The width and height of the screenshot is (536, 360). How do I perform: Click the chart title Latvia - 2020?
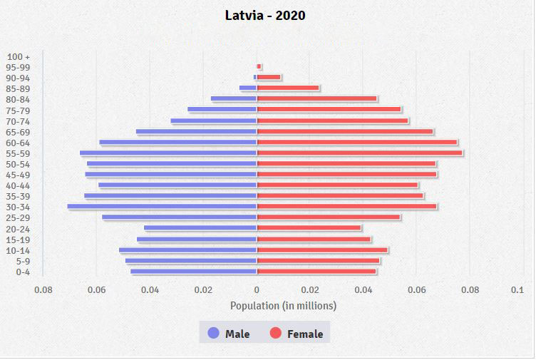tap(265, 15)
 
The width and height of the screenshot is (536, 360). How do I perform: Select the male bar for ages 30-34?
tap(162, 207)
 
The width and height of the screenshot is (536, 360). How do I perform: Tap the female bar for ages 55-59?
tap(359, 153)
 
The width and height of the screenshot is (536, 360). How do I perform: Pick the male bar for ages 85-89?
tap(248, 88)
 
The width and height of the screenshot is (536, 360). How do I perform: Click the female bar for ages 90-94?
tap(269, 77)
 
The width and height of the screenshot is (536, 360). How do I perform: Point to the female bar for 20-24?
tap(309, 228)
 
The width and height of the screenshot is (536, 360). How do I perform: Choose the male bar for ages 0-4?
tap(193, 272)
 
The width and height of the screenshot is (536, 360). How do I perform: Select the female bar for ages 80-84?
tap(317, 99)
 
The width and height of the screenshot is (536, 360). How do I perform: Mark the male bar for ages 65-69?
tap(196, 131)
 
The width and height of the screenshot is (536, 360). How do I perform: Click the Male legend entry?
tap(229, 333)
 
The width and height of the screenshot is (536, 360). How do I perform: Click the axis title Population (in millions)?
tap(283, 305)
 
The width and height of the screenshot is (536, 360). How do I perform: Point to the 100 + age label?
tap(18, 56)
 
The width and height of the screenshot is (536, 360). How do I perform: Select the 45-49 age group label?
tap(18, 175)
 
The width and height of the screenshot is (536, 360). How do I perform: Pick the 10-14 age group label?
tap(18, 250)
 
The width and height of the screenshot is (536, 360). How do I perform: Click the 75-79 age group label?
tap(18, 110)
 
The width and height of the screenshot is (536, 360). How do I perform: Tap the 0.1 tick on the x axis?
tap(517, 290)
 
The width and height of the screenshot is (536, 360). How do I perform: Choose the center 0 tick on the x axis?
tap(257, 290)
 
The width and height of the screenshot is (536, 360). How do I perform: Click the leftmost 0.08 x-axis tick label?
tap(43, 290)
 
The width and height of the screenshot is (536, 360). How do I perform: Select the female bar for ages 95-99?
tap(259, 66)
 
